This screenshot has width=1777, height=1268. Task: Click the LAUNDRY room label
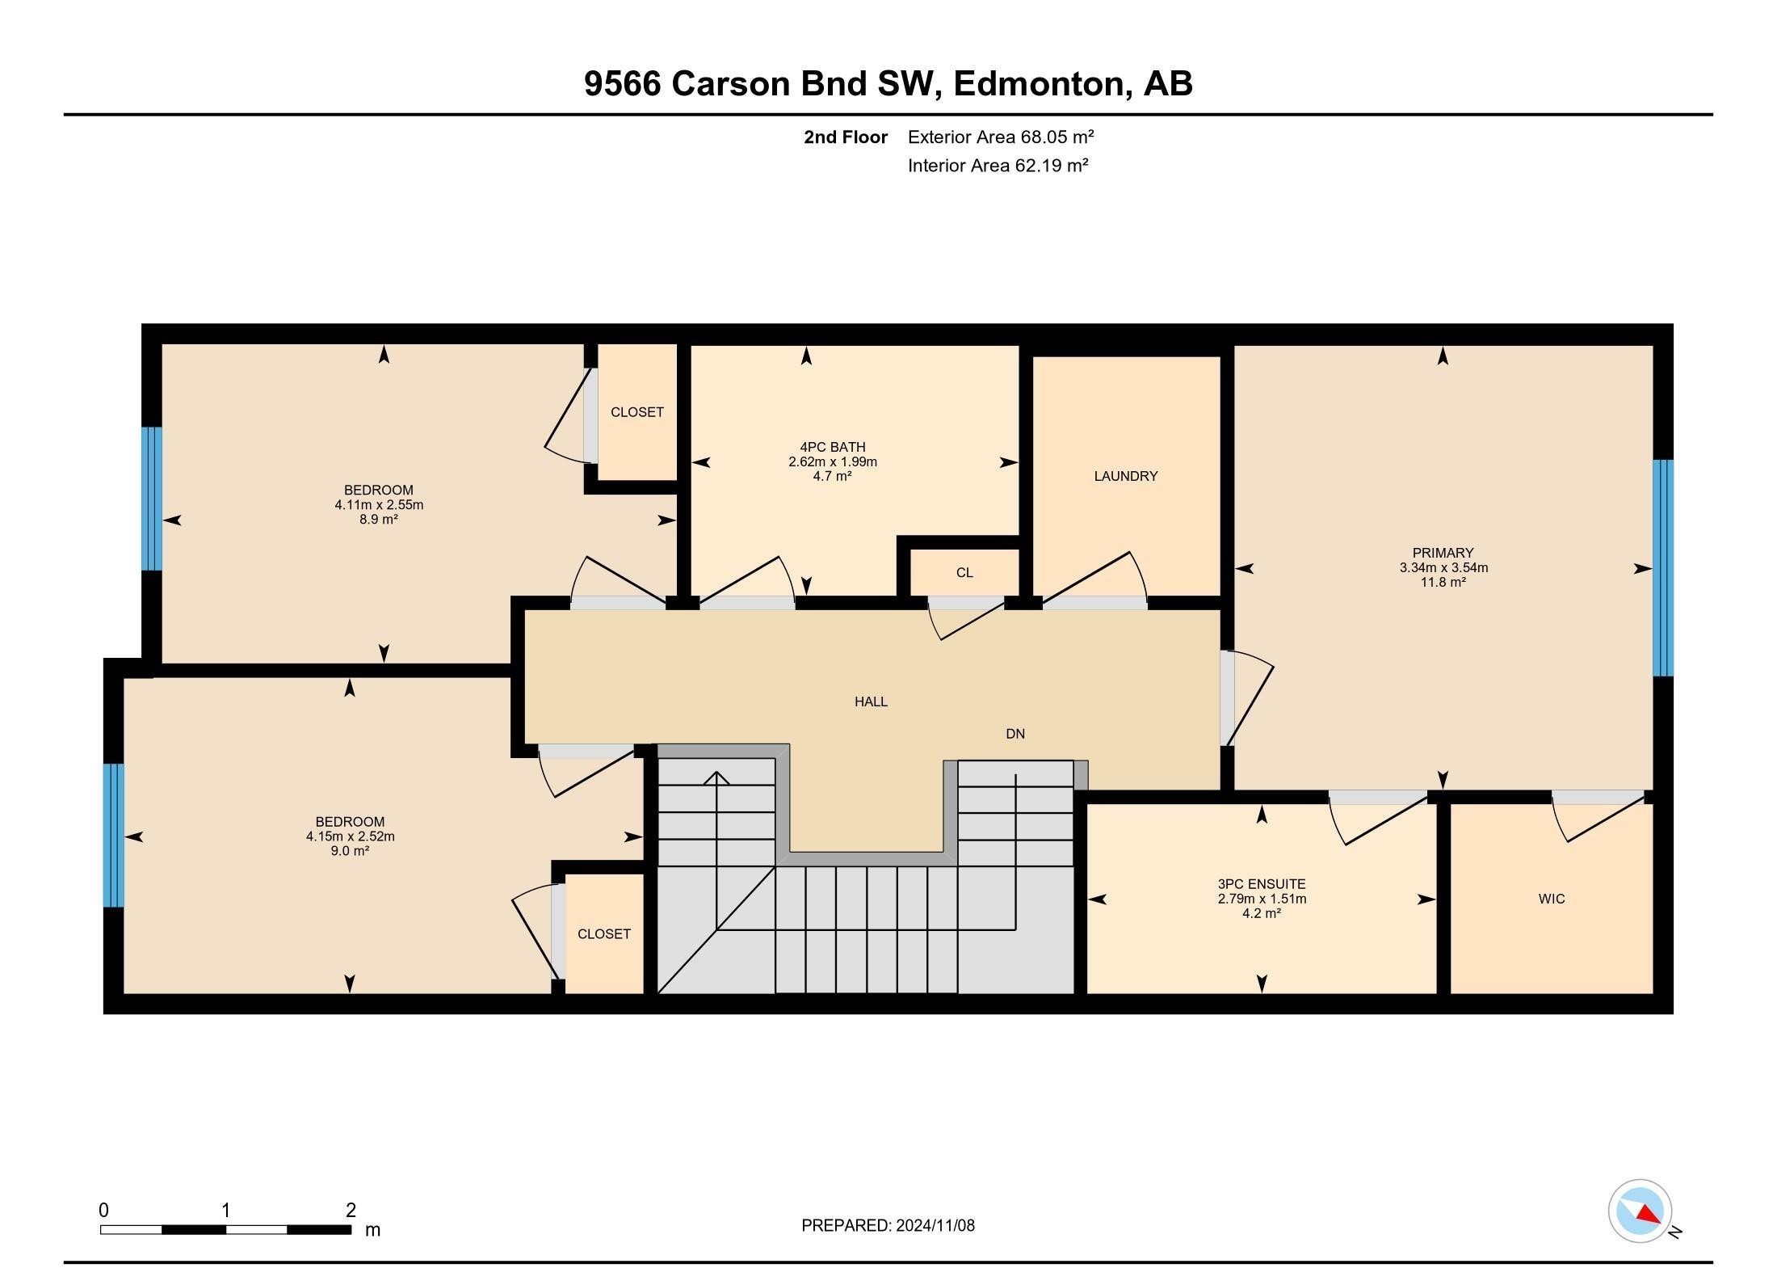coord(1125,476)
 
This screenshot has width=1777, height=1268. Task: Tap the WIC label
coord(1552,899)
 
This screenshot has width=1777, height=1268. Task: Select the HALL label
coord(871,701)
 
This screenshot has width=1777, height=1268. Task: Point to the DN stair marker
coord(1015,734)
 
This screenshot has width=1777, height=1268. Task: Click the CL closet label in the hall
coord(964,573)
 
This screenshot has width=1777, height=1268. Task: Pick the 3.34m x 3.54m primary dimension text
coord(1443,567)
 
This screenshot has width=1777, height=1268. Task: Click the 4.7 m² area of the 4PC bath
coord(832,476)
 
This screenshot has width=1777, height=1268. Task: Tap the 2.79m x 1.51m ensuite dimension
coord(1262,899)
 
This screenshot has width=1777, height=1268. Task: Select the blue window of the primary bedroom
coord(1663,567)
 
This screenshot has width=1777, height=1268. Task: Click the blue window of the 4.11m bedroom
coord(152,499)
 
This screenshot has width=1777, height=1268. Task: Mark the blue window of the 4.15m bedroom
coord(114,836)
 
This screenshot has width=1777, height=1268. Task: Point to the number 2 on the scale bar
coord(351,1210)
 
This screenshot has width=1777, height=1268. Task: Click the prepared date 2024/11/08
coord(935,1225)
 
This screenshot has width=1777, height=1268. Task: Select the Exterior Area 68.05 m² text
coord(1001,137)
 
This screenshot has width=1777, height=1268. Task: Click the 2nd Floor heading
coord(846,137)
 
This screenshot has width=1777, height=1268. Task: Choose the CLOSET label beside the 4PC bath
coord(637,412)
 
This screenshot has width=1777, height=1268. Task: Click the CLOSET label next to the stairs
coord(604,934)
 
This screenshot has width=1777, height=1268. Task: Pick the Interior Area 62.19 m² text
coord(998,166)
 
